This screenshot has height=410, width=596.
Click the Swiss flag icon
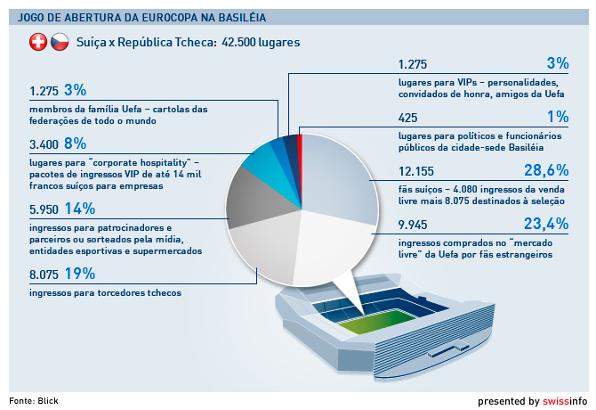(38, 42)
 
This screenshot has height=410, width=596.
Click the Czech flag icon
(60, 42)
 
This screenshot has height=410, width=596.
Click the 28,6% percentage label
(546, 170)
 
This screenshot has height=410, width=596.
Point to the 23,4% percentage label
(546, 224)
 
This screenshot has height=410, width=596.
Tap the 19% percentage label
(80, 274)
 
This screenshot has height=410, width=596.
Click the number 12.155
(416, 171)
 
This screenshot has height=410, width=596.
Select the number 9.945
(413, 225)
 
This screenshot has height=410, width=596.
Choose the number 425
(407, 118)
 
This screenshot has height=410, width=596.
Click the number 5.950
(44, 209)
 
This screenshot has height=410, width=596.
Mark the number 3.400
(44, 144)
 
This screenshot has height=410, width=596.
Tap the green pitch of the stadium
(376, 322)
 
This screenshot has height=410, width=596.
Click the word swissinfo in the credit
(565, 401)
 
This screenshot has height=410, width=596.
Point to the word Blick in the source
(48, 401)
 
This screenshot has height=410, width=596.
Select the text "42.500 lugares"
(261, 42)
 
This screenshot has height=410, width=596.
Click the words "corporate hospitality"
(141, 163)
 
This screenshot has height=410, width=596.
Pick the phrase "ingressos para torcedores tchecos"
(105, 292)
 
